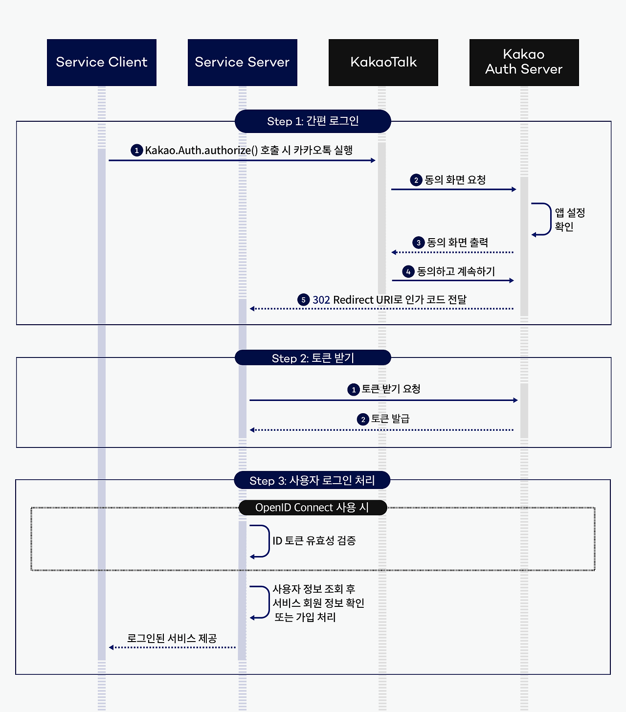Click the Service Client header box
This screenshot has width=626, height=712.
coord(102,63)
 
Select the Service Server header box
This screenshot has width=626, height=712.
coord(243,63)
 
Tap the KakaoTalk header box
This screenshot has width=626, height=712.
coord(383,63)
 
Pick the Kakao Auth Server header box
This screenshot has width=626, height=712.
coord(524,63)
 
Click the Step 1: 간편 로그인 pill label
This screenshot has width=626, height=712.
coord(313,121)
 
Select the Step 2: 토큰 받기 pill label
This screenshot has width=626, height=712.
coord(313,358)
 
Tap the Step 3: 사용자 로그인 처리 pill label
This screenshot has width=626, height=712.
coord(312,480)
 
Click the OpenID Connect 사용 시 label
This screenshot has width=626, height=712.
coord(313,508)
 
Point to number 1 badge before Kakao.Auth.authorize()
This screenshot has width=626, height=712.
coord(136,150)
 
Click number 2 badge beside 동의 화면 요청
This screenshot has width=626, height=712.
coord(416,180)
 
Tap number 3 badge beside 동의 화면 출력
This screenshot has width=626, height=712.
coord(418,243)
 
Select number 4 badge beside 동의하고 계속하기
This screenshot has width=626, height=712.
coord(408,271)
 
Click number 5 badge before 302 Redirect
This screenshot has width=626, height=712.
coord(303,300)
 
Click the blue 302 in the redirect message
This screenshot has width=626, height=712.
coord(321,300)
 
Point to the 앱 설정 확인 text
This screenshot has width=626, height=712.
coord(570,220)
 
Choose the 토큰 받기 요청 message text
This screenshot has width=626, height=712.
coord(391,389)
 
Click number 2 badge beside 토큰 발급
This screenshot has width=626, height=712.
coord(363,419)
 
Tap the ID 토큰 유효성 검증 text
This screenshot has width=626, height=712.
coord(314,541)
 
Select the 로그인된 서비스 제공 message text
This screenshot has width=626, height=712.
coord(172,638)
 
